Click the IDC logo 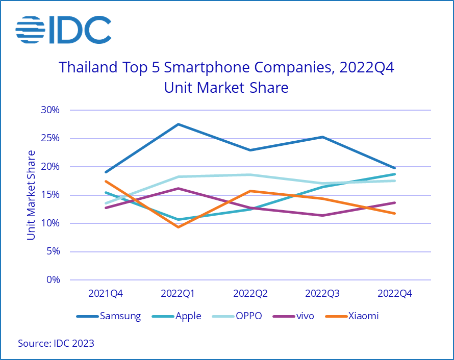pyautogui.click(x=63, y=30)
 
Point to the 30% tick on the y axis pyautogui.click(x=50, y=110)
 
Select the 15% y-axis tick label pyautogui.click(x=50, y=195)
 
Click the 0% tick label pyautogui.click(x=53, y=280)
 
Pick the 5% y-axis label pyautogui.click(x=53, y=251)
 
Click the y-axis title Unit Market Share pyautogui.click(x=32, y=195)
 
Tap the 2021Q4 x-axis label pyautogui.click(x=106, y=294)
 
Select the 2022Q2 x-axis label pyautogui.click(x=250, y=294)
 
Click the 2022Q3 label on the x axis pyautogui.click(x=322, y=294)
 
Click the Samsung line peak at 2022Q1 pyautogui.click(x=178, y=124)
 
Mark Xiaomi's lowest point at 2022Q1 pyautogui.click(x=178, y=227)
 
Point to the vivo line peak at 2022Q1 pyautogui.click(x=178, y=188)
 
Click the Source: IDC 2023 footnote pyautogui.click(x=56, y=344)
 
